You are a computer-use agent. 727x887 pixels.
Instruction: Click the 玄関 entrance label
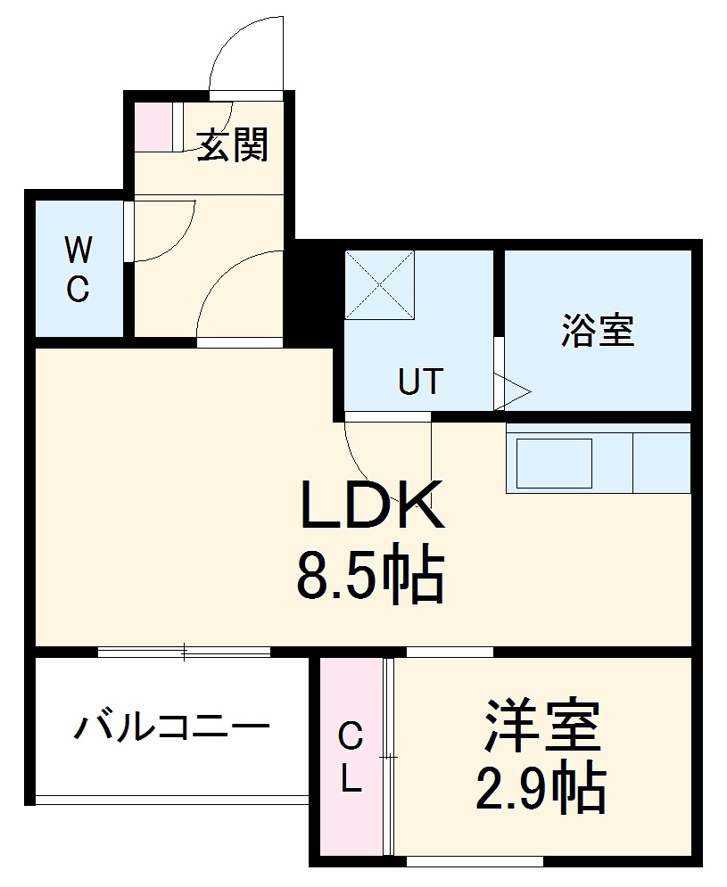(x=232, y=144)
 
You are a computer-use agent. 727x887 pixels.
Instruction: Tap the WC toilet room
(x=78, y=269)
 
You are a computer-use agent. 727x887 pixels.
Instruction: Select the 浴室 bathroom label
(x=597, y=331)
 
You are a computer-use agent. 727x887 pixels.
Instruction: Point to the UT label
(x=419, y=382)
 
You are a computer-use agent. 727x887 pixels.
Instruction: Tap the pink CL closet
(x=351, y=758)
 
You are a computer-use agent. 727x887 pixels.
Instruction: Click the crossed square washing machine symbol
(x=380, y=284)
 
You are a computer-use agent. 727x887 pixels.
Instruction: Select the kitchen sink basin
(x=554, y=463)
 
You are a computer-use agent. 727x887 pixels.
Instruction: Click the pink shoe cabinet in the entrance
(x=153, y=128)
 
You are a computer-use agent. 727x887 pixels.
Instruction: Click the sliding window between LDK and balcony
(x=184, y=652)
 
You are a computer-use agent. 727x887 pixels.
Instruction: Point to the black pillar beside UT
(x=314, y=284)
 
